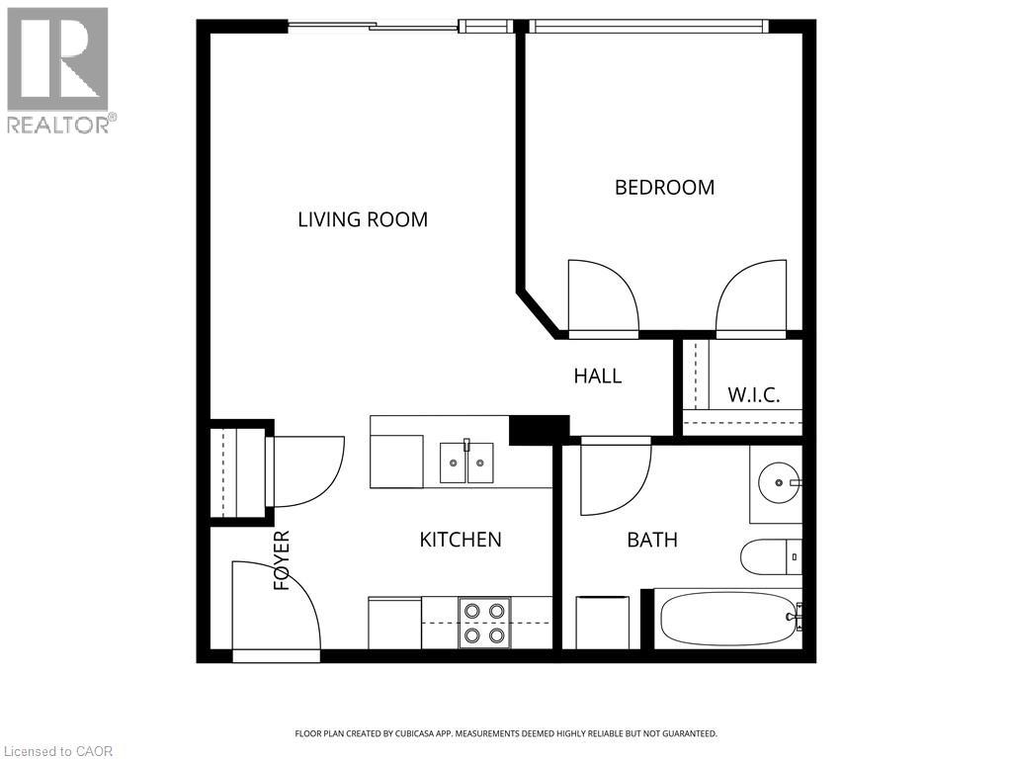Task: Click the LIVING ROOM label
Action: [363, 219]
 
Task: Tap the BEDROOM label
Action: [664, 187]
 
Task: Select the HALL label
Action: [598, 376]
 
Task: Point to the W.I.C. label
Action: [754, 395]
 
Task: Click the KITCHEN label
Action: [461, 540]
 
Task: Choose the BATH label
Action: [652, 540]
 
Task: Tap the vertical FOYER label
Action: [283, 560]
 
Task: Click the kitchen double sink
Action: [466, 463]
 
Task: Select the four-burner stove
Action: [484, 623]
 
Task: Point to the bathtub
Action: [729, 619]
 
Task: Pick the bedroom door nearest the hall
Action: [603, 296]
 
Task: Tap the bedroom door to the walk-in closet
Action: [751, 296]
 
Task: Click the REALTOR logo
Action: [58, 69]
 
